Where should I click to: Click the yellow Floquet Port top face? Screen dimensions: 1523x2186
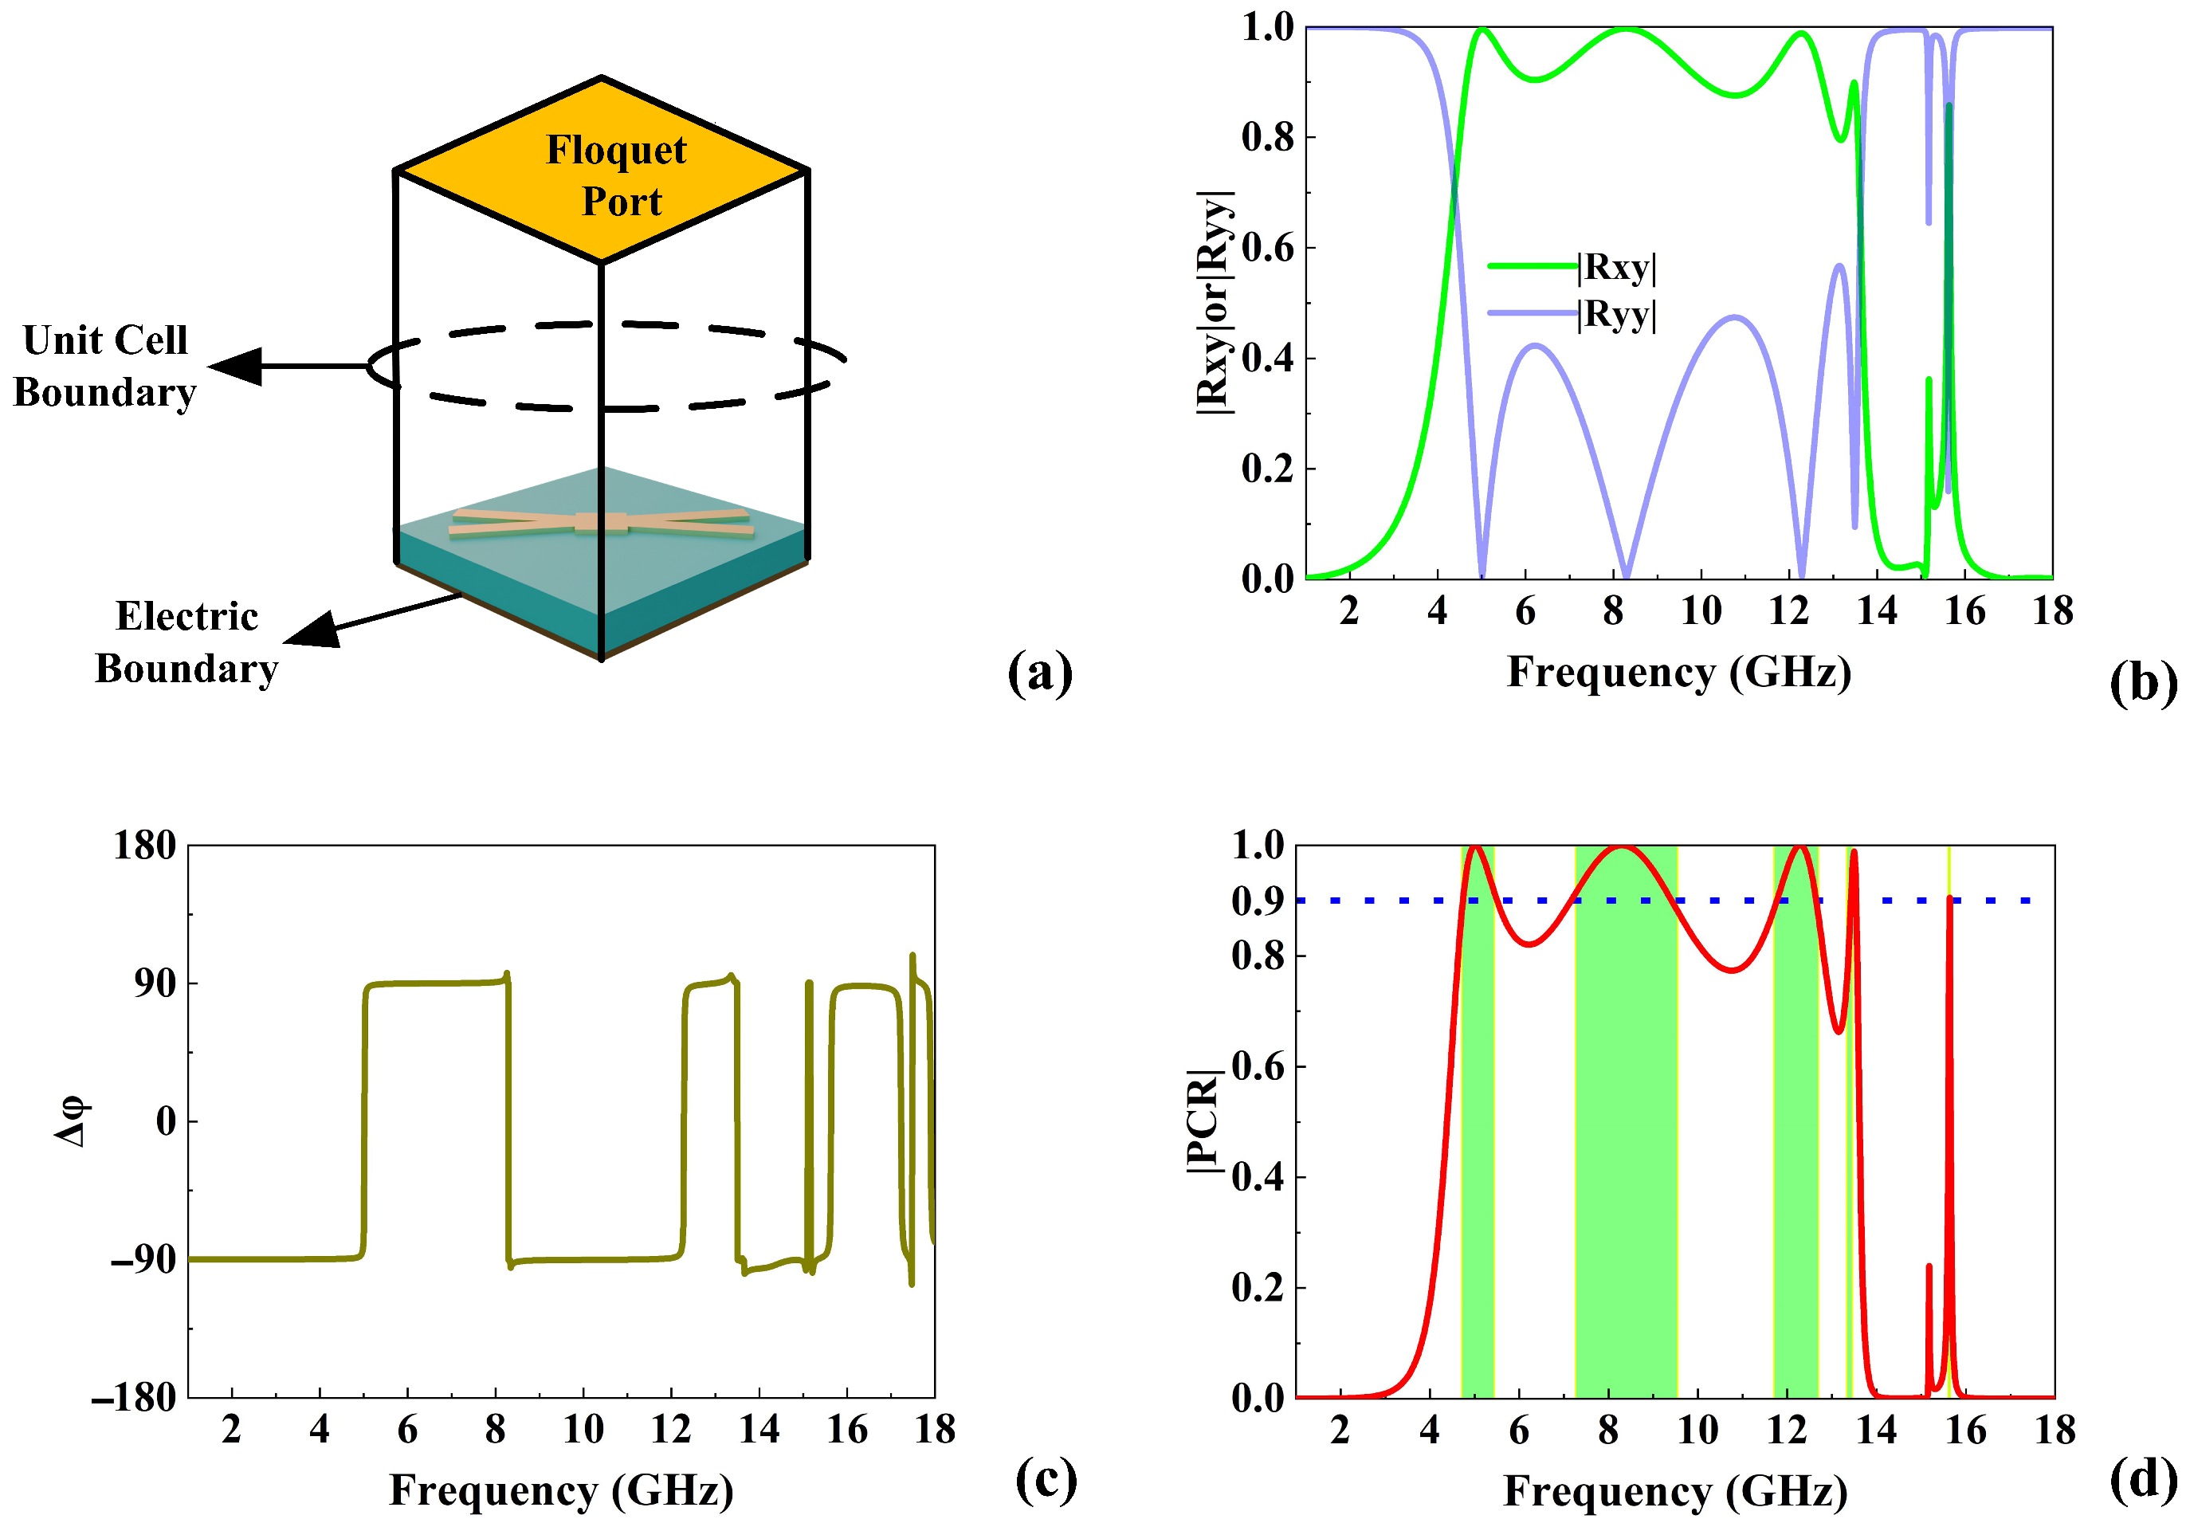pos(602,171)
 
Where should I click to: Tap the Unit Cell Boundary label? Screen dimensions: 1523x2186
pos(104,367)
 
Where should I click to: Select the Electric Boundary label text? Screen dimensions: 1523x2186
pos(186,642)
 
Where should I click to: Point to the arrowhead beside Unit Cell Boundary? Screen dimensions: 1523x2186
pos(236,367)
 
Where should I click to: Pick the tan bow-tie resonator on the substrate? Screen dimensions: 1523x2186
pos(601,523)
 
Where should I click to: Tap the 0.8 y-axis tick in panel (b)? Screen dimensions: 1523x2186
pos(1266,137)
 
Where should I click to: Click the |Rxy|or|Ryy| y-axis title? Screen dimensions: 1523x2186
pos(1215,302)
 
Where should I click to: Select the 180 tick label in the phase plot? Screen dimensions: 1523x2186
pos(145,846)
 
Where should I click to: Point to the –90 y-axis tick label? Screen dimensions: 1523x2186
pos(143,1260)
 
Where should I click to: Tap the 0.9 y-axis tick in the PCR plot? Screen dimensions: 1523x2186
pos(1257,901)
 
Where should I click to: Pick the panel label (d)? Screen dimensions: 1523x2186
pos(2142,1481)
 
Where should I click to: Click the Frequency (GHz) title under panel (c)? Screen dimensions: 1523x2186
pos(562,1490)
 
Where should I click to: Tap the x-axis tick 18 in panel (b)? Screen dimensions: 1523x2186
pos(2053,611)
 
